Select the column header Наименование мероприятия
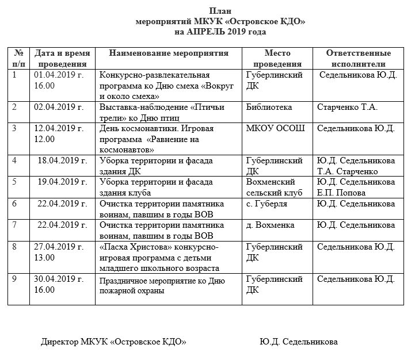click(x=169, y=53)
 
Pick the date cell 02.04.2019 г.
click(x=59, y=107)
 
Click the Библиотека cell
click(x=269, y=107)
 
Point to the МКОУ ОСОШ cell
click(x=275, y=128)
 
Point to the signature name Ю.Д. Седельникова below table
click(x=299, y=342)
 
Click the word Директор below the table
click(x=60, y=342)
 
